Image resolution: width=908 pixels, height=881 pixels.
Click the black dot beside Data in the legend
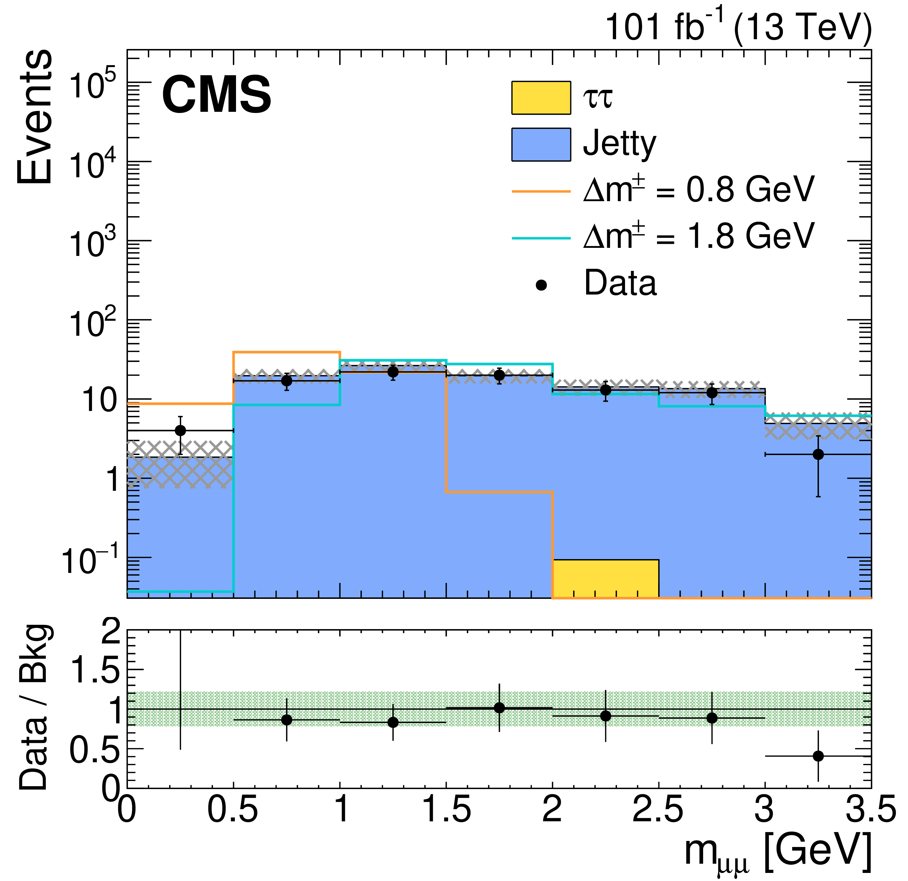click(x=541, y=285)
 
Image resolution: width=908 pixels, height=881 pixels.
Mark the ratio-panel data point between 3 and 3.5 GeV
click(x=818, y=756)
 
